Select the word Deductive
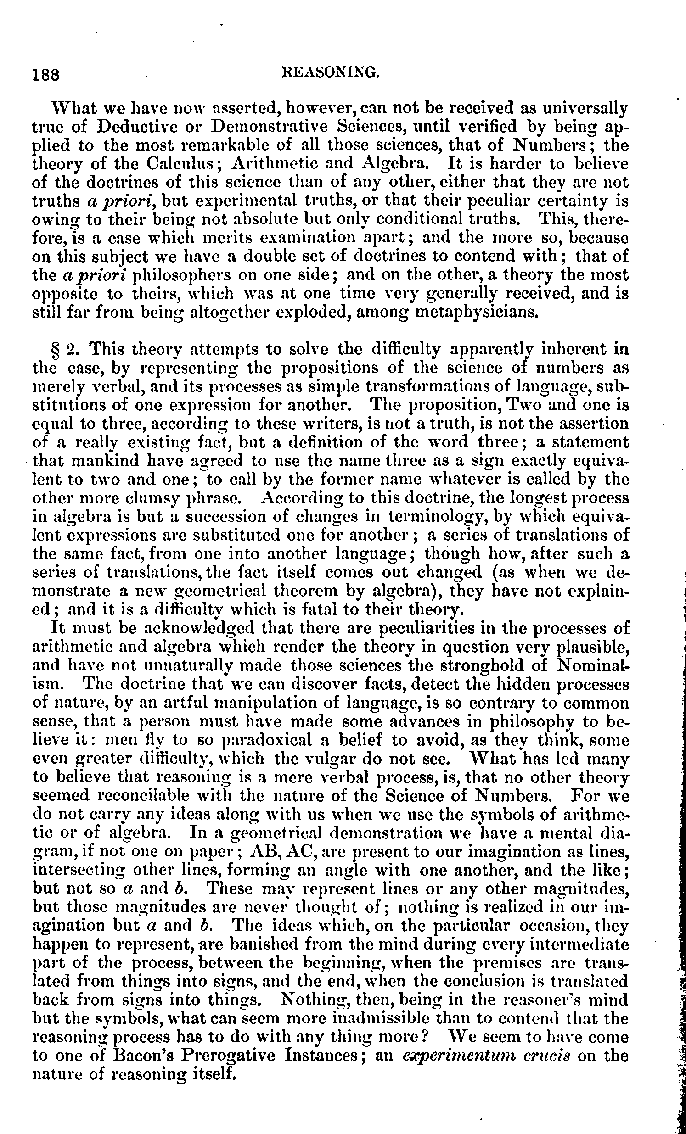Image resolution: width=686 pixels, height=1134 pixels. point(129,127)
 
